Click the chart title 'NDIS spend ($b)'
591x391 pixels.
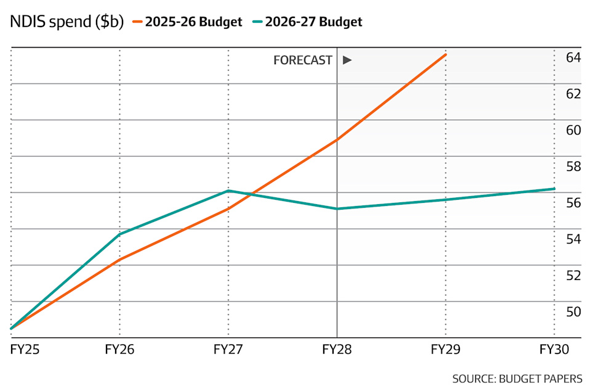pos(66,22)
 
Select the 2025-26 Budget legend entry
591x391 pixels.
pos(187,22)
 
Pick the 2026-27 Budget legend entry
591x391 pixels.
pos(307,22)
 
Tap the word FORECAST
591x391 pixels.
pos(303,60)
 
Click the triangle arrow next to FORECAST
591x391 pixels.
pos(347,60)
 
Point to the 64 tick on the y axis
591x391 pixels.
pos(573,57)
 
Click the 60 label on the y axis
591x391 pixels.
pos(573,130)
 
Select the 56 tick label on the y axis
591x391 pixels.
pos(573,203)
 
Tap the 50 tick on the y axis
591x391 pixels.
pos(573,311)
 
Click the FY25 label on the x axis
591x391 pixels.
pos(25,350)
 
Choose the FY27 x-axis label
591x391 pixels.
pos(228,350)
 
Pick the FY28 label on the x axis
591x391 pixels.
pos(337,350)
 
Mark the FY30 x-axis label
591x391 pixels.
pos(554,350)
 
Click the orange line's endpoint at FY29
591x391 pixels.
pos(446,55)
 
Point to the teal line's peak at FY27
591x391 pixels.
pos(228,191)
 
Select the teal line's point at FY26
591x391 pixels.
pos(120,234)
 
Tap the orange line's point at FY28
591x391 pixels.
pos(337,139)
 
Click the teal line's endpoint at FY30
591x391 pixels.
pos(554,189)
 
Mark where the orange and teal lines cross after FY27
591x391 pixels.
pos(252,195)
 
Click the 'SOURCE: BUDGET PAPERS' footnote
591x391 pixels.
pos(517,379)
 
